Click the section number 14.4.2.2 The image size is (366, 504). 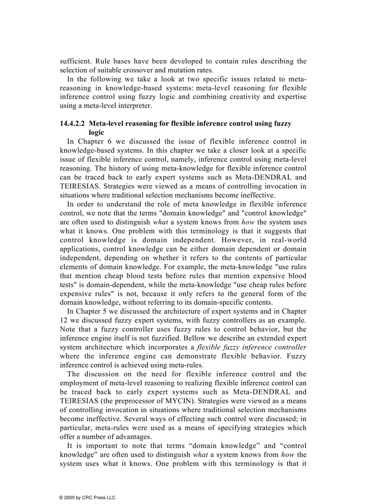pos(73,123)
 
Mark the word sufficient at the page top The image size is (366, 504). pos(74,61)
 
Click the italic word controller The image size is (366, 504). pos(291,347)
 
